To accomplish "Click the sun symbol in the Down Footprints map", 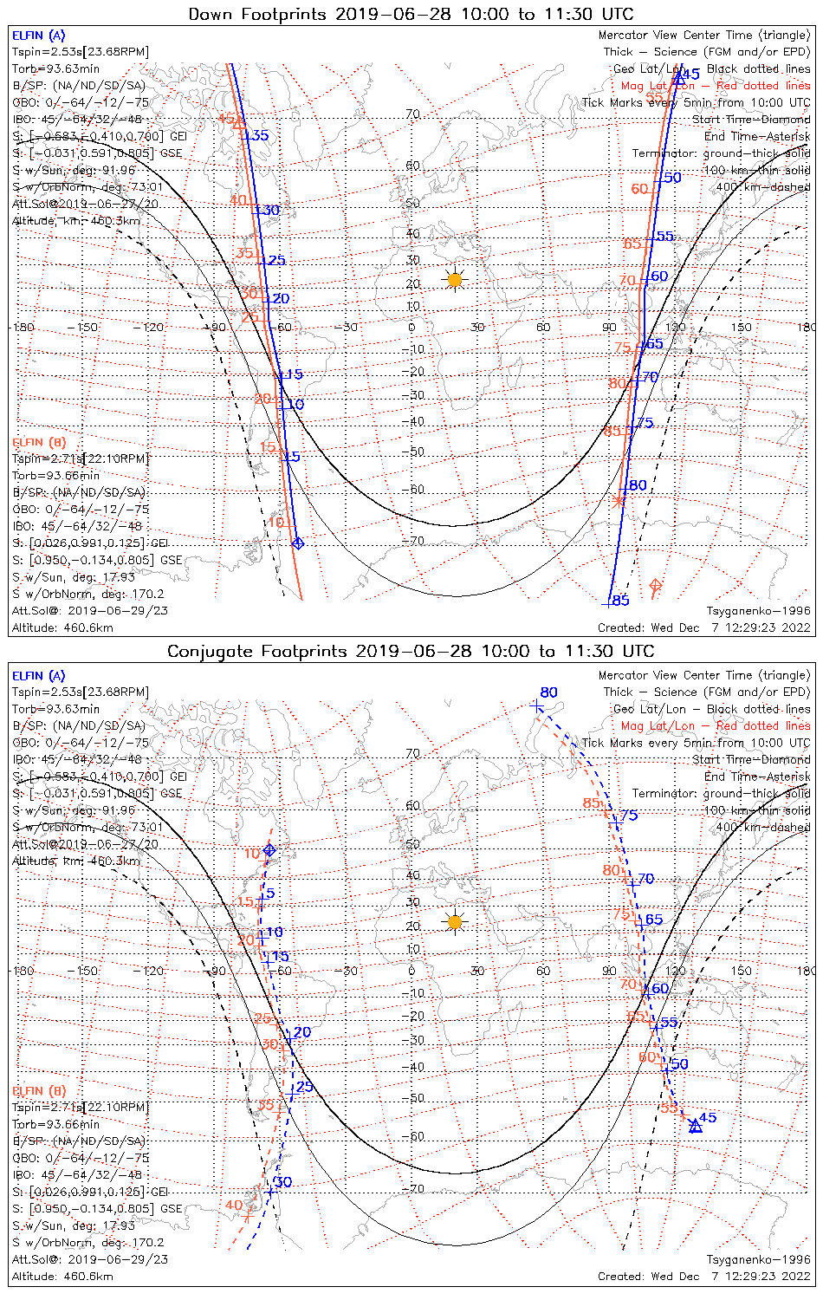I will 455,279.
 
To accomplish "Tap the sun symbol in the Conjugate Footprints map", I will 455,921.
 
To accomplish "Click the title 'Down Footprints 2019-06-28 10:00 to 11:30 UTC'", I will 411,14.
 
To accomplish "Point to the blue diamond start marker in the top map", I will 298,543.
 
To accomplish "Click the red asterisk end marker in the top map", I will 618,501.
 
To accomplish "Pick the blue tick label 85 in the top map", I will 620,601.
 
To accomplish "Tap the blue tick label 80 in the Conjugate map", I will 548,692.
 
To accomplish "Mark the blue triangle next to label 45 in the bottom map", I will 695,1126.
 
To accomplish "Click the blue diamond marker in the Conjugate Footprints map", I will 269,850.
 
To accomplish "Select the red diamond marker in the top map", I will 655,587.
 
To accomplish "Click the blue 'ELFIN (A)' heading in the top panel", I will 38,36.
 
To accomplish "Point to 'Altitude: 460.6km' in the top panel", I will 62,627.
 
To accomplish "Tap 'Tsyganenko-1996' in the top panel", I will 759,611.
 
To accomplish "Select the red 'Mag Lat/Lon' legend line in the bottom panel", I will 716,725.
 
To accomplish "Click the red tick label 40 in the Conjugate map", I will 234,1205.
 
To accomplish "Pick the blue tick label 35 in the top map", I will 260,135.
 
